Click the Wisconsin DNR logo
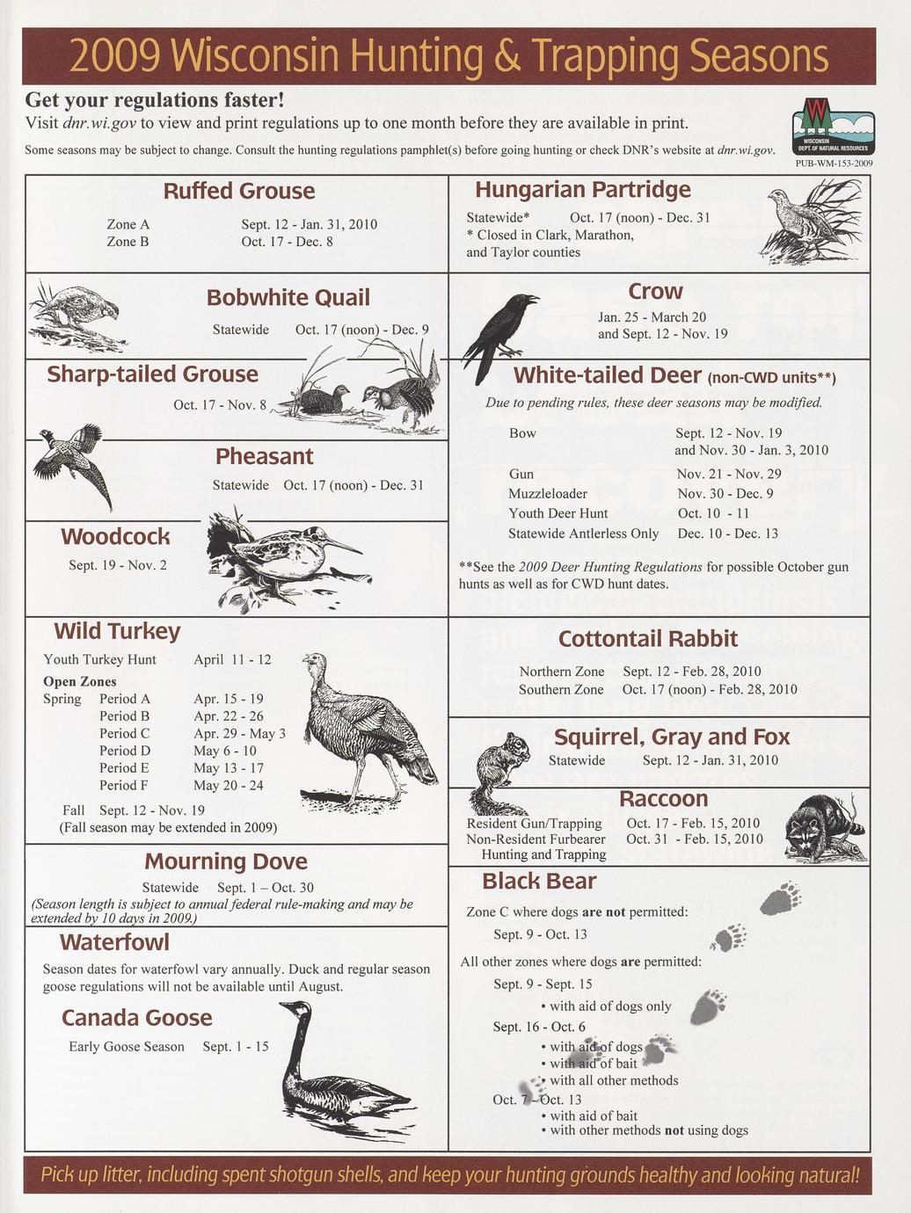coord(833,126)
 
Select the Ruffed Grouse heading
coord(238,191)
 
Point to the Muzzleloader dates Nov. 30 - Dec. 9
coord(725,494)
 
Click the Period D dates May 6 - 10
coord(225,751)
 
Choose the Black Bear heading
coord(538,881)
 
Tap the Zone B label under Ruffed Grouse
coord(128,242)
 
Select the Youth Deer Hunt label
coord(558,513)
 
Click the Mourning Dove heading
coord(226,861)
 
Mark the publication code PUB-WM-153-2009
coord(834,163)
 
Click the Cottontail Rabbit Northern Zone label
coord(562,672)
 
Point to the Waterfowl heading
coord(114,942)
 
